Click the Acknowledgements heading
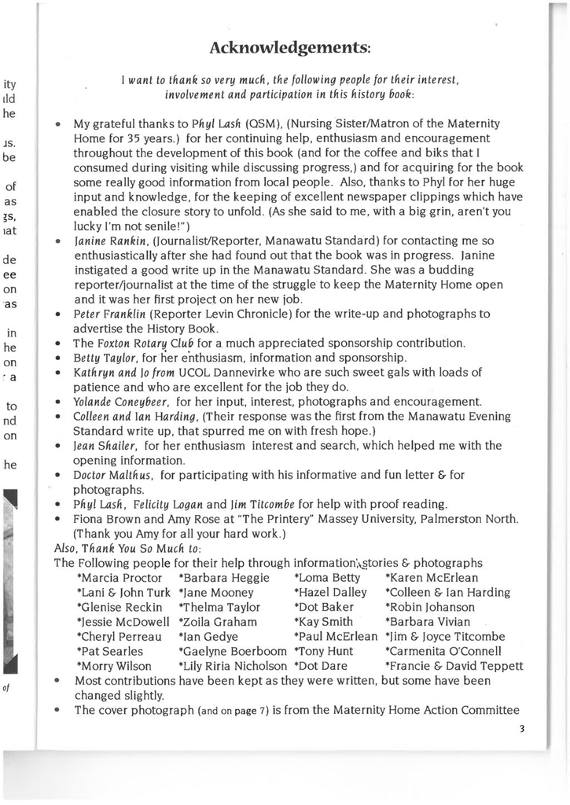coord(290,48)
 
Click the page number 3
coord(520,729)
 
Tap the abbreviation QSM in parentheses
coord(263,124)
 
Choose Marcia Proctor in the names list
coord(120,578)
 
